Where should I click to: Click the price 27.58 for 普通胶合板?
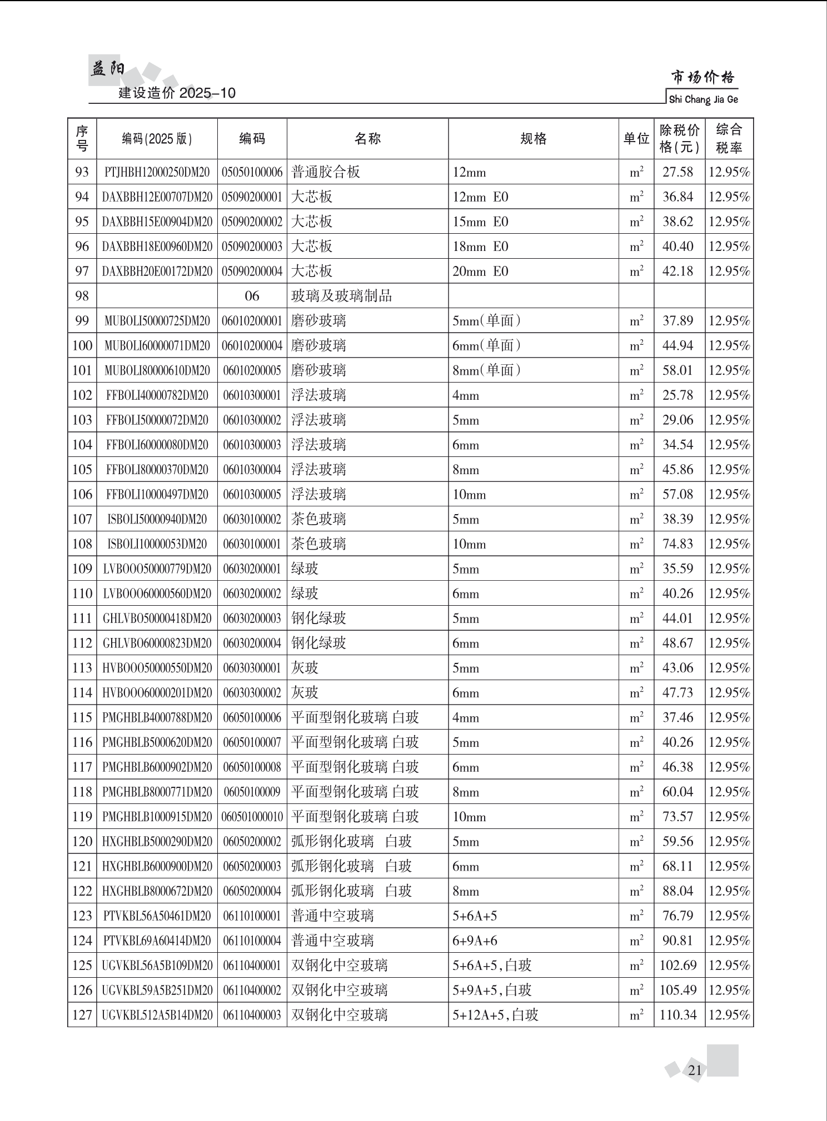pos(677,172)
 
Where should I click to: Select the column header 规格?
pos(533,139)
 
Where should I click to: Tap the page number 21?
pos(695,1070)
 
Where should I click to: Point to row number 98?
pos(82,296)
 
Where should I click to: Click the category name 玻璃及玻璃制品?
pos(341,296)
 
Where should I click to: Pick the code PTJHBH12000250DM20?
pos(157,172)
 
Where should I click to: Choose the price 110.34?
pos(677,1015)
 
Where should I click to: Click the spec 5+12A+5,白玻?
pos(495,1015)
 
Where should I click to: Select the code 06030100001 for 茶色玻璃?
pos(252,544)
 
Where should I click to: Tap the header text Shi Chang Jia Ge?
pos(703,99)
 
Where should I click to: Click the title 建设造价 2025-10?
pos(177,93)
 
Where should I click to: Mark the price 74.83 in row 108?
pos(677,544)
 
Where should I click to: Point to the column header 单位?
pos(636,139)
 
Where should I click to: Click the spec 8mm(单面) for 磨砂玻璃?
pos(486,370)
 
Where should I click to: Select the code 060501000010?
pos(252,817)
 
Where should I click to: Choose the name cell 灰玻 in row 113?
pos(305,668)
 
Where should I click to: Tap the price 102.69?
pos(677,966)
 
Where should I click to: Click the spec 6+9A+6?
pos(475,941)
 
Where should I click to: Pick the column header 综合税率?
pos(729,139)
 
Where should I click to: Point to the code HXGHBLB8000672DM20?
pos(157,891)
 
